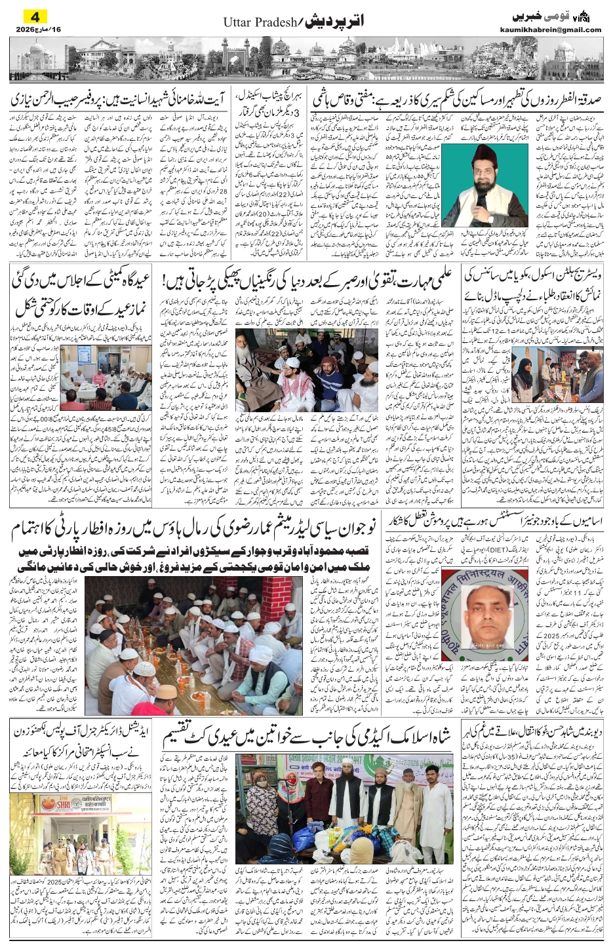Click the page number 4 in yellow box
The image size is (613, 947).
coord(35,16)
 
